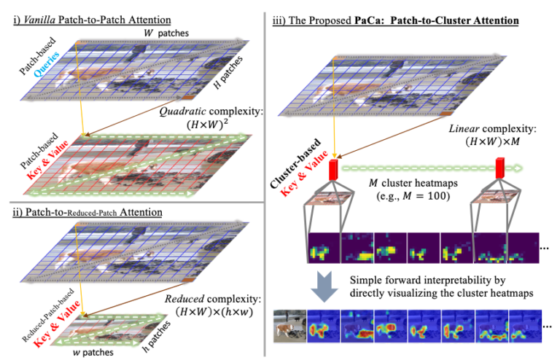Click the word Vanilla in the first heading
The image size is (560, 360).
(x=39, y=20)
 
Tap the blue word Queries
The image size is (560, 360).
(x=47, y=64)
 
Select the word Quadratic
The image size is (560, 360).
(x=182, y=111)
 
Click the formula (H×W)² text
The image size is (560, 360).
(x=208, y=125)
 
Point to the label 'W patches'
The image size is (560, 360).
(x=166, y=34)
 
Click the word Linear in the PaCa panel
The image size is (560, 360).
(x=464, y=128)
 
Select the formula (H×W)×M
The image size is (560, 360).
(x=492, y=141)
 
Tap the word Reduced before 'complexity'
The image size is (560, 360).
(x=184, y=299)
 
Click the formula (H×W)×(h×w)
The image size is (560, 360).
(x=214, y=312)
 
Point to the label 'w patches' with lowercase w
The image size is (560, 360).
(x=93, y=353)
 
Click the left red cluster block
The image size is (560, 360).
(x=333, y=170)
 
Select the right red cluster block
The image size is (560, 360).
(x=500, y=168)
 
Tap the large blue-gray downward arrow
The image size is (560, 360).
(x=324, y=286)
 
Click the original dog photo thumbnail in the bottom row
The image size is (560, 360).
(x=289, y=326)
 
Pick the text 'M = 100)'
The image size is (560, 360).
(x=426, y=196)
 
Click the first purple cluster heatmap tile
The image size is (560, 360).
(x=324, y=248)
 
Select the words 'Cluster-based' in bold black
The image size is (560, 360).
(x=295, y=164)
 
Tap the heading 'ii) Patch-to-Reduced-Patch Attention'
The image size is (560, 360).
(x=87, y=212)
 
